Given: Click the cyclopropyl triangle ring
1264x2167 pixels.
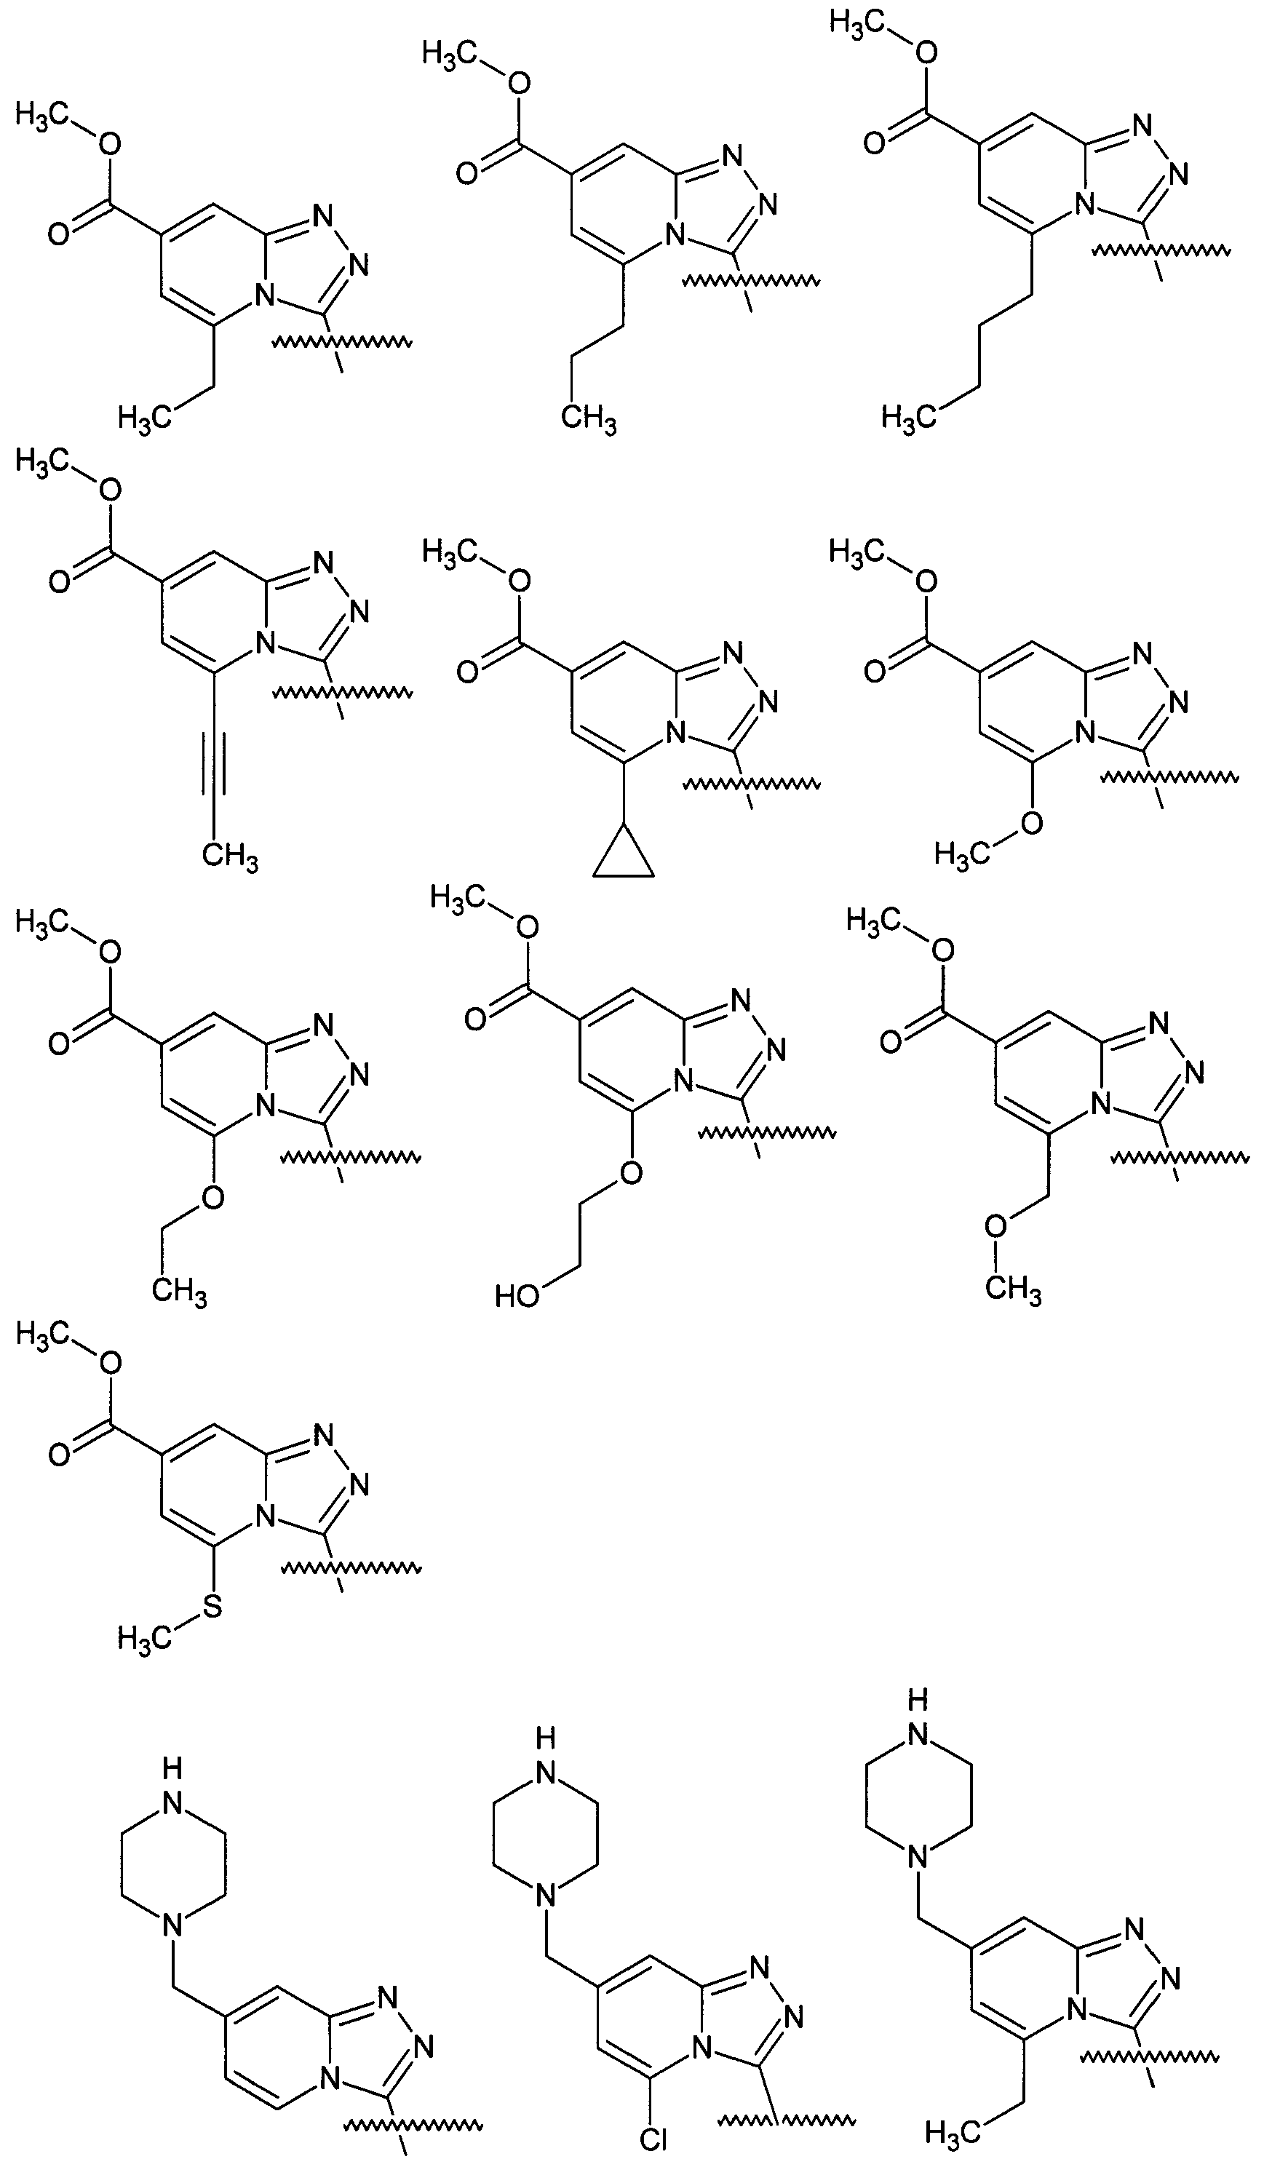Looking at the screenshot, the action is click(624, 856).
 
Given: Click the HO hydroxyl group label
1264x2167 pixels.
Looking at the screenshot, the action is click(517, 1296).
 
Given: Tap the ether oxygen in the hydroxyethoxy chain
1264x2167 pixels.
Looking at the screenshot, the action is click(630, 1173).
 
